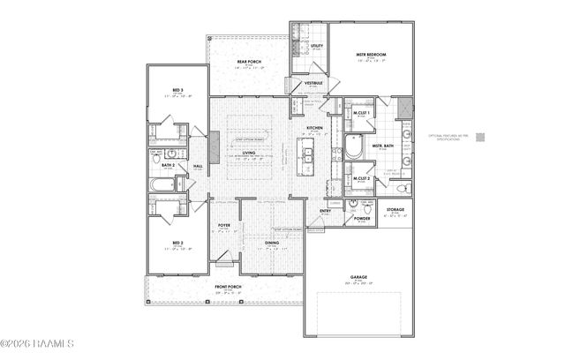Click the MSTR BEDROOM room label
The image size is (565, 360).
pyautogui.click(x=371, y=54)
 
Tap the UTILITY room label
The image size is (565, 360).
pyautogui.click(x=316, y=46)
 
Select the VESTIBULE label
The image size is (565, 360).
pyautogui.click(x=313, y=83)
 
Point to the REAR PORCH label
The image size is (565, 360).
pyautogui.click(x=249, y=62)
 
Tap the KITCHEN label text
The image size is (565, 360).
pyautogui.click(x=314, y=128)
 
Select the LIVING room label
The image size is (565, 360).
pyautogui.click(x=249, y=154)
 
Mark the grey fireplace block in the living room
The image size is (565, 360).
pyautogui.click(x=213, y=143)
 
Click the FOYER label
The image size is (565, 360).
pyautogui.click(x=224, y=226)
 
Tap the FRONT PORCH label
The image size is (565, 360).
pyautogui.click(x=228, y=287)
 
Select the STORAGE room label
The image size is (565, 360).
pyautogui.click(x=395, y=210)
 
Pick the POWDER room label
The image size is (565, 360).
pyautogui.click(x=361, y=218)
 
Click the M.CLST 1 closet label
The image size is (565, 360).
pyautogui.click(x=360, y=113)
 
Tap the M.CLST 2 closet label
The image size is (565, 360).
pyautogui.click(x=360, y=179)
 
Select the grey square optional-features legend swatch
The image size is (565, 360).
pyautogui.click(x=479, y=137)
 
